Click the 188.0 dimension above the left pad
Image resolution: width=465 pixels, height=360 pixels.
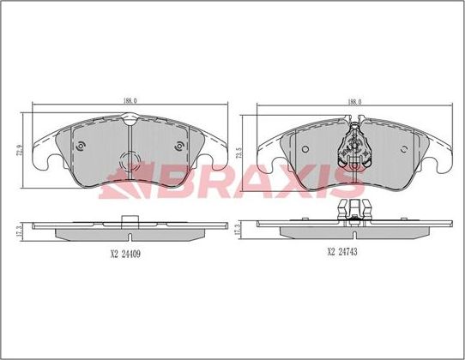(129, 102)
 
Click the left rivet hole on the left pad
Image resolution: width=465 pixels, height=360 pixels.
(80, 146)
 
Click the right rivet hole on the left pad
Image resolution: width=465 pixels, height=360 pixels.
(178, 146)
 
